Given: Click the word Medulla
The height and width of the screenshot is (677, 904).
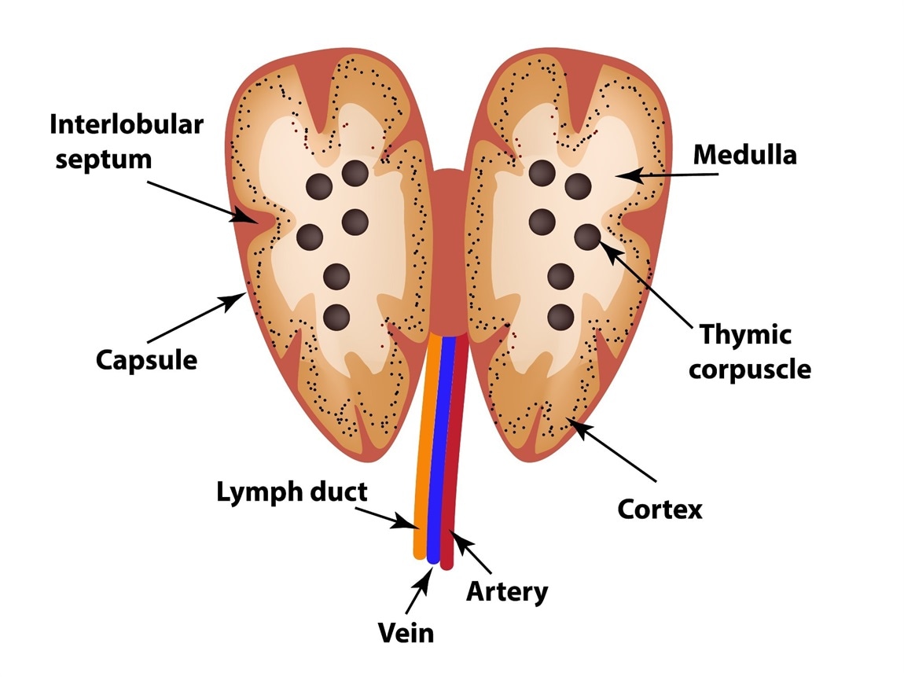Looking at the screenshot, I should pyautogui.click(x=744, y=155).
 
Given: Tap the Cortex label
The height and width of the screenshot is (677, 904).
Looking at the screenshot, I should pyautogui.click(x=660, y=510).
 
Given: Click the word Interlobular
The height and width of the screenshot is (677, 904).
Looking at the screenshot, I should pyautogui.click(x=127, y=124).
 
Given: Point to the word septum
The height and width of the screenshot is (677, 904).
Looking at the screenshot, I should pyautogui.click(x=99, y=159).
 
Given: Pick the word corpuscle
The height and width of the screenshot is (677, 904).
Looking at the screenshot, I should pyautogui.click(x=749, y=369).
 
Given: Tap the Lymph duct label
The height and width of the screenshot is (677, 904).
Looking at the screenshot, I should pyautogui.click(x=292, y=493).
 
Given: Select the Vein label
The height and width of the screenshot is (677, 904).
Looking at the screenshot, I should pyautogui.click(x=406, y=631).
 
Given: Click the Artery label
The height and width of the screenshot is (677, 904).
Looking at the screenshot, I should pyautogui.click(x=506, y=591).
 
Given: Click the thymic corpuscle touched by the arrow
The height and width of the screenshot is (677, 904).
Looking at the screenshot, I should pyautogui.click(x=586, y=235).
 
